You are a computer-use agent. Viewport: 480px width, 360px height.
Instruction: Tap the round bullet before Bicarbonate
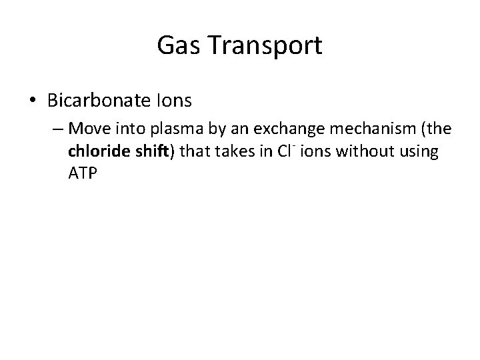pos(33,101)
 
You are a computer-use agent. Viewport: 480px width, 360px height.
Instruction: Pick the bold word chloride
pos(95,151)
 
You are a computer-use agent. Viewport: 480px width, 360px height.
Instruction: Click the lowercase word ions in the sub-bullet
pos(315,151)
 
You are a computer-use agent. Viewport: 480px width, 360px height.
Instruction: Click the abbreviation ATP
pos(81,174)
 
